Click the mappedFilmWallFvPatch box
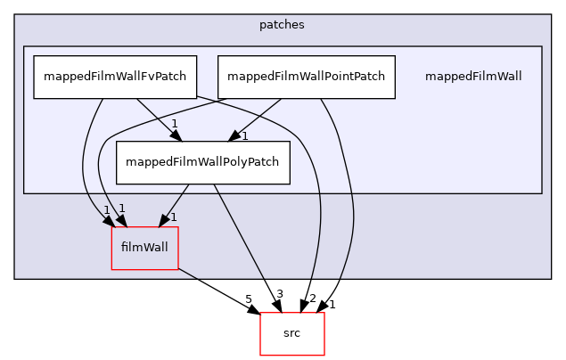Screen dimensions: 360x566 [114, 77]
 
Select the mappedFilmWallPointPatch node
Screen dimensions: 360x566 [306, 77]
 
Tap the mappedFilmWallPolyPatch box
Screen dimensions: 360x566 [202, 162]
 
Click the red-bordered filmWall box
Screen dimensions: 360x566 [144, 248]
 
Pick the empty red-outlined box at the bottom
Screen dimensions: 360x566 [291, 334]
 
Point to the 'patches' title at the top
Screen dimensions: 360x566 [282, 25]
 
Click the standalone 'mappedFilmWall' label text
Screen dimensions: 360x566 [472, 77]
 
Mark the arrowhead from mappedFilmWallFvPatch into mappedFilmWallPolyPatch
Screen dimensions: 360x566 [176, 135]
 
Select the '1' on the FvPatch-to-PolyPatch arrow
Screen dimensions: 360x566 [175, 124]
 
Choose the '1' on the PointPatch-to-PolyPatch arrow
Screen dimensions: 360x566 [244, 136]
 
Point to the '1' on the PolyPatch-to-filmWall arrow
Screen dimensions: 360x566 [173, 217]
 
